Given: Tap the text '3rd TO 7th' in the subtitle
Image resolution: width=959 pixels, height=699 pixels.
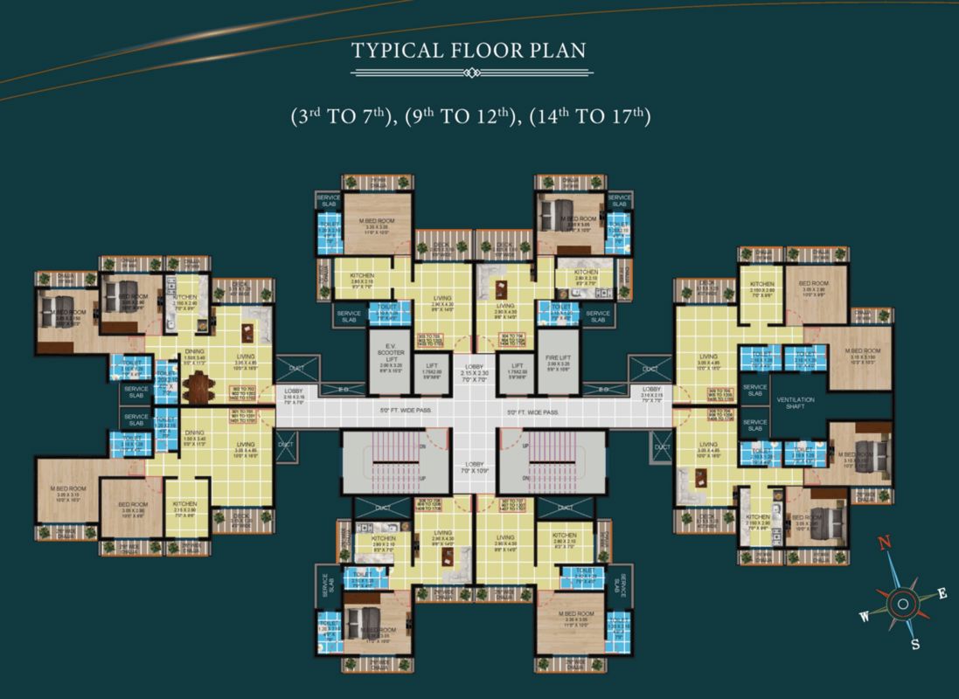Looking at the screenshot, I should tap(338, 116).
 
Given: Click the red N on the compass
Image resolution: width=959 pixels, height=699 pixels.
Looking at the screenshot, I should tap(884, 543).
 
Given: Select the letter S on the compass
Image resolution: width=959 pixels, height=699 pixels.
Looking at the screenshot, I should tap(915, 645).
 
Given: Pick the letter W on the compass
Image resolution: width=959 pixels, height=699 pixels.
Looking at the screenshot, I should tap(864, 617).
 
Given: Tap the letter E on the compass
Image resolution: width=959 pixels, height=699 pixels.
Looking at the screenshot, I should tap(942, 594).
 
